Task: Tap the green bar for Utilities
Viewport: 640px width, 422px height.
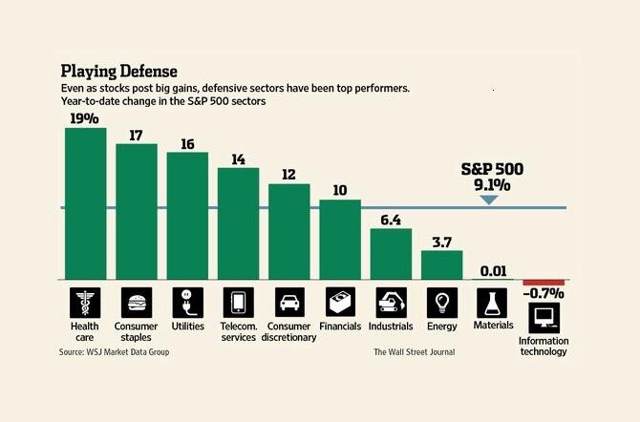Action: [187, 215]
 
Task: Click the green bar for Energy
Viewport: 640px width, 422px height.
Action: [442, 264]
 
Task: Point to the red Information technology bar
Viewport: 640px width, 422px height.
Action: [544, 283]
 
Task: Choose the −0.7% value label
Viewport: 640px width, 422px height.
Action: [544, 294]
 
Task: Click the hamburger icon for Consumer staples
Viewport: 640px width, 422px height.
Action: [137, 301]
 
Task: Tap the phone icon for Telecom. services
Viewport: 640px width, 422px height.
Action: [238, 301]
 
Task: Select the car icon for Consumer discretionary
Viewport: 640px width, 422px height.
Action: [288, 301]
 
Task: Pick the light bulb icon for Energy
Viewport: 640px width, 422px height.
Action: [442, 301]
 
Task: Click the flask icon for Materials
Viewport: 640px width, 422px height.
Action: [493, 301]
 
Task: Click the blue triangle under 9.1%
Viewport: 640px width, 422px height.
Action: [488, 199]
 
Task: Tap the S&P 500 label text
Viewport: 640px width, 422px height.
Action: [491, 170]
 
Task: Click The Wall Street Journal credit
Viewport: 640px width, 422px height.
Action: [414, 352]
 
